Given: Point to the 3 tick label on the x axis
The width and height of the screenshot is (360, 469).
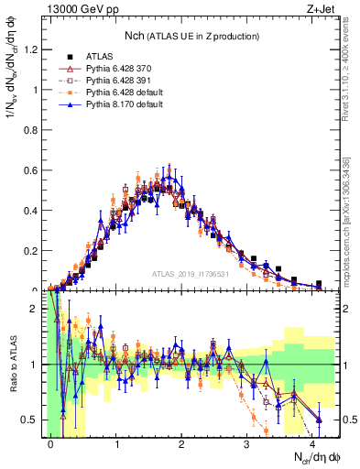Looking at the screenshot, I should click(x=248, y=443).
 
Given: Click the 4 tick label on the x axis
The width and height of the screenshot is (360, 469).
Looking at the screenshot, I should click(x=313, y=443).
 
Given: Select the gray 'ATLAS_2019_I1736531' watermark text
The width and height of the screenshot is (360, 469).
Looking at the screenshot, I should click(x=189, y=274).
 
